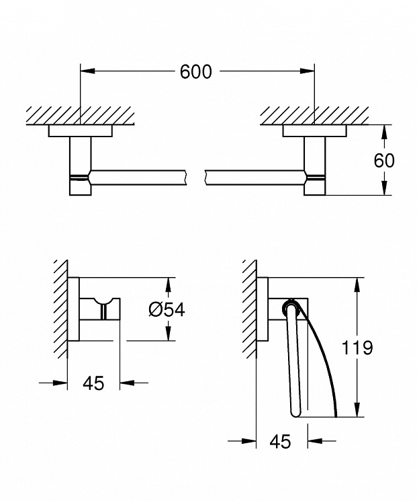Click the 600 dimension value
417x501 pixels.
[195, 71]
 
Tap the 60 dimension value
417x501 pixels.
[384, 161]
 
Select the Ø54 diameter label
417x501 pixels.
[167, 309]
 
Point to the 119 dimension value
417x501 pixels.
[357, 347]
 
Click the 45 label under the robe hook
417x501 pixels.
[93, 383]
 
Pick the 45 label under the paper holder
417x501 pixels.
[281, 441]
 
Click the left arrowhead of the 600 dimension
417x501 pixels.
[88, 71]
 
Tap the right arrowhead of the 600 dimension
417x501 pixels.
[307, 71]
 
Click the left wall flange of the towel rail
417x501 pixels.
[81, 130]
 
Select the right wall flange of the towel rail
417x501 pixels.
[314, 130]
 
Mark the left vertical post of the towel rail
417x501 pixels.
[80, 165]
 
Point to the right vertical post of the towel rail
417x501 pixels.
[314, 165]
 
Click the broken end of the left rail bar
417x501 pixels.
[185, 178]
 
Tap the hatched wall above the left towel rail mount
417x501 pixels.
[81, 116]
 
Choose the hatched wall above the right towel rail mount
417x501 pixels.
[314, 116]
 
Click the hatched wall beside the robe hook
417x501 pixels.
[60, 309]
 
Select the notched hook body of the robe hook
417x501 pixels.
[100, 309]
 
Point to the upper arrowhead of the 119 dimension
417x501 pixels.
[358, 284]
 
